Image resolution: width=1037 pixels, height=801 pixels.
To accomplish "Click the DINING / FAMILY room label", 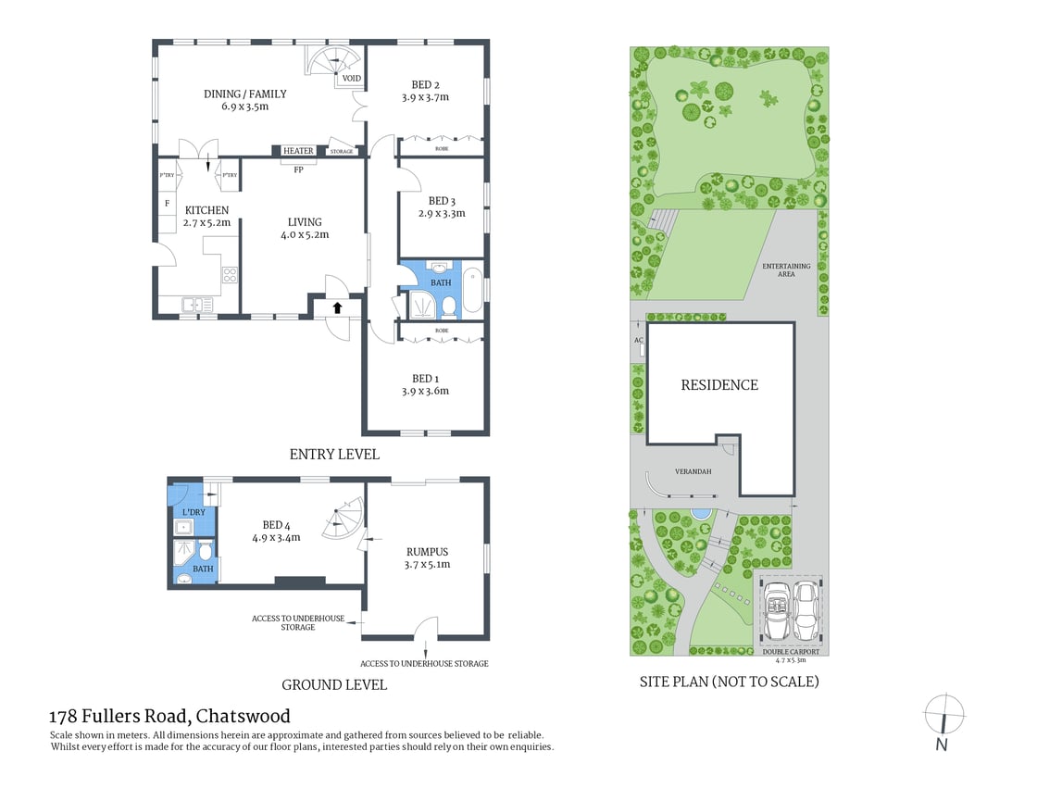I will click(245, 94).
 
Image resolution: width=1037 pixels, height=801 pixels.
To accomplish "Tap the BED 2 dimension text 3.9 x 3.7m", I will click(425, 96).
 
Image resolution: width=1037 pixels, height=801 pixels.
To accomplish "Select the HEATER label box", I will click(298, 151).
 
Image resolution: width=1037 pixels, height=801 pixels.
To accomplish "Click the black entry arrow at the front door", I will click(337, 307).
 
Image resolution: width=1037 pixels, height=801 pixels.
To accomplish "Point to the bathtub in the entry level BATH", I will click(473, 289).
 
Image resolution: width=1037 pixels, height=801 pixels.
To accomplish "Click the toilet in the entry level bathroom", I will click(448, 306).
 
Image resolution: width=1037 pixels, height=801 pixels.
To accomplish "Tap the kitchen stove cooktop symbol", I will click(229, 274).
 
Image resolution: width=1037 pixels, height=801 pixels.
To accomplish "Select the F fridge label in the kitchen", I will click(168, 203).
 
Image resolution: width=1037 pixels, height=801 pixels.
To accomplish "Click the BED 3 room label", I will click(442, 201).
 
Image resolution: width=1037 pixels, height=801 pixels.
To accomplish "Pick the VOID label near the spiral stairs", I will click(352, 79).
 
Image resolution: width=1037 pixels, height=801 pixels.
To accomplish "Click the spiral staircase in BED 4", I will click(344, 519).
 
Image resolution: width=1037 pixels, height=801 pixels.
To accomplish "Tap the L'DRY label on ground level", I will click(194, 512).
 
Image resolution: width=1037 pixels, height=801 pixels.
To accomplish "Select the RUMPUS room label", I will click(427, 551).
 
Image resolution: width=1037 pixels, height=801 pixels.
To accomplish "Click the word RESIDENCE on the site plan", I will click(719, 385).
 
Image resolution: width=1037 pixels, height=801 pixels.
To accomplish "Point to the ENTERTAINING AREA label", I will click(786, 269).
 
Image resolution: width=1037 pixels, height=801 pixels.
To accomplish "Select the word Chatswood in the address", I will click(243, 716).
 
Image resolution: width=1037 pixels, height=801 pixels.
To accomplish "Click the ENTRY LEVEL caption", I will click(334, 455).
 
